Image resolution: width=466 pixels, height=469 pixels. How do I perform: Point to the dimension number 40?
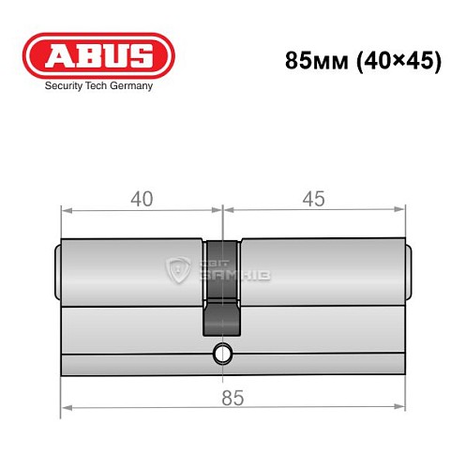click(x=142, y=200)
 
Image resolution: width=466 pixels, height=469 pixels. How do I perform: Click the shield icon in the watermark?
click(x=178, y=270)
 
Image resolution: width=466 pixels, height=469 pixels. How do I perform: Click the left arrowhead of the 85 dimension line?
click(x=65, y=409)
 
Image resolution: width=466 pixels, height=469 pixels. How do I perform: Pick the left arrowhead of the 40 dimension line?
click(x=65, y=209)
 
